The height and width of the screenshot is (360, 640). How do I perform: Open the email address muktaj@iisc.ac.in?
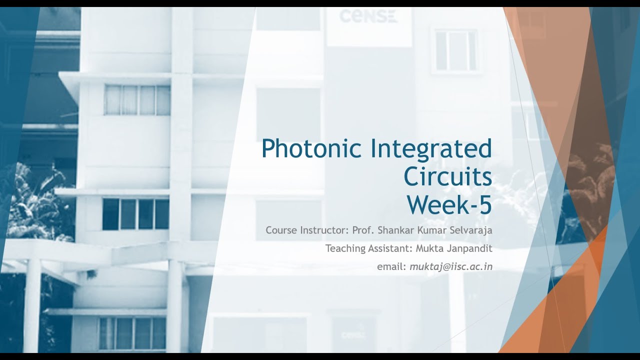pos(451,266)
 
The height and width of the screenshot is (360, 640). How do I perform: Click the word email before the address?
pos(391,266)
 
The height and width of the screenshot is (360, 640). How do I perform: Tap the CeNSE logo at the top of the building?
pos(368,16)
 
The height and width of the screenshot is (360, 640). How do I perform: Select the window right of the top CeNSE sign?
pos(455,50)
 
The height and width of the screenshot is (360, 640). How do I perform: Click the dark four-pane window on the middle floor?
pos(135,214)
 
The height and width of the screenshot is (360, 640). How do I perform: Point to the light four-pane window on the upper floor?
pos(137,100)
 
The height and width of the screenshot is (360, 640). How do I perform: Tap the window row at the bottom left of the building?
pos(132,333)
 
